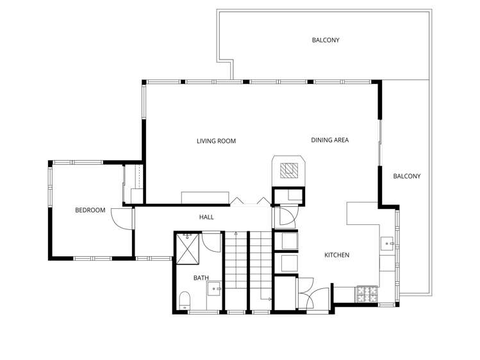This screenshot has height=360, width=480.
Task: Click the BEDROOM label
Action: [x=90, y=210]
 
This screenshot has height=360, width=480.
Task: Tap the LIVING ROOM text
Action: [x=216, y=141]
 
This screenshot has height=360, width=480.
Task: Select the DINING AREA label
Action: [x=329, y=140]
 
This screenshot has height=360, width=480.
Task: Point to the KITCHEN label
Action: [x=336, y=255]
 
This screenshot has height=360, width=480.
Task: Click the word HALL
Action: [x=206, y=217]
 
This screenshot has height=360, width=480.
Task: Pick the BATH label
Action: [x=201, y=278]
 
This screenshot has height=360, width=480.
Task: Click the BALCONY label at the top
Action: [x=326, y=40]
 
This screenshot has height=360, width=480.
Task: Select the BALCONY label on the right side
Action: [x=406, y=176]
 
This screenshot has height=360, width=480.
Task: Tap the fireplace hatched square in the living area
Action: [x=291, y=169]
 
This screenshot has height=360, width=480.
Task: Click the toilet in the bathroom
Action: [x=185, y=299]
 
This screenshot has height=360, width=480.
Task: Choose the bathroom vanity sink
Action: [x=215, y=290]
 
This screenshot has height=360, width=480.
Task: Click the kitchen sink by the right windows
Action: [x=388, y=243]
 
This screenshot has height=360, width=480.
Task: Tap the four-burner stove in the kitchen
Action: [x=367, y=294]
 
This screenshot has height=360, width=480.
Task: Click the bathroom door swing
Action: [x=212, y=243]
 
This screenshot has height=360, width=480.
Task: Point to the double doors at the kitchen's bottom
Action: [x=312, y=296]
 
